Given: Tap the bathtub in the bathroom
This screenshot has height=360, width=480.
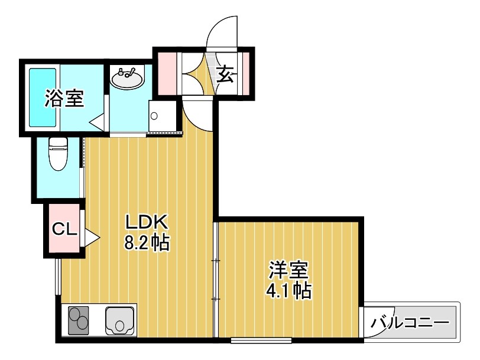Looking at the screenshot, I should tap(43, 98).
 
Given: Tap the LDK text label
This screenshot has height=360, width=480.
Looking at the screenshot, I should tap(147, 223).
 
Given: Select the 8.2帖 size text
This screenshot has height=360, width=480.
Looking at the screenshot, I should tap(147, 243).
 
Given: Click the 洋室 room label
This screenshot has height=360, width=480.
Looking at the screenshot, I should tap(288, 270).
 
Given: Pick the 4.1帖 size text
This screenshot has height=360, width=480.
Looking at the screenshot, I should tap(288, 290).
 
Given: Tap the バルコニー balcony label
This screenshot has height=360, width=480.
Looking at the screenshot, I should tap(411, 323).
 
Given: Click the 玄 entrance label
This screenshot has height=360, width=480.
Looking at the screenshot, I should tap(226, 74).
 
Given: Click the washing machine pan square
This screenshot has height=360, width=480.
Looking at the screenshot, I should tap(163, 116).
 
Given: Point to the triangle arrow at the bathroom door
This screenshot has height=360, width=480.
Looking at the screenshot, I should tap(97, 123).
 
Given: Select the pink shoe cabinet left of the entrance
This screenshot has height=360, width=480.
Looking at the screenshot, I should tap(168, 73).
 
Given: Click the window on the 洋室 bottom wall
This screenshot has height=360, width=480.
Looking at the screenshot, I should tap(261, 340).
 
